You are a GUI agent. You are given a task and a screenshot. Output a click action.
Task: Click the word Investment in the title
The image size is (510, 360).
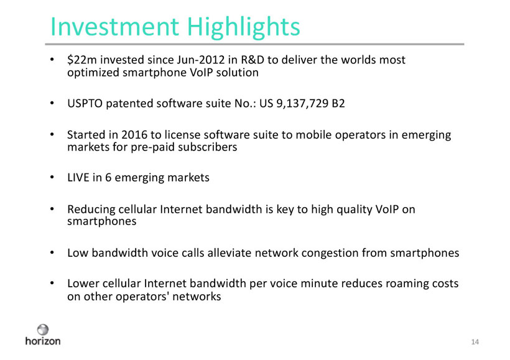coord(114,26)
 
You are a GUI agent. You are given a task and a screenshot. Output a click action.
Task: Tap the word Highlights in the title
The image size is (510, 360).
coord(244,27)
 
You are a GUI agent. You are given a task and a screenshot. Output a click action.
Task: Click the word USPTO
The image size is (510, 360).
coord(85,103)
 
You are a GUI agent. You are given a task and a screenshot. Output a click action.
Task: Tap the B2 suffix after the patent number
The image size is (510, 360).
coord(338,103)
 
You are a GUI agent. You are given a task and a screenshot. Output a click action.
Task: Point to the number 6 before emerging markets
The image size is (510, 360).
coord(108,178)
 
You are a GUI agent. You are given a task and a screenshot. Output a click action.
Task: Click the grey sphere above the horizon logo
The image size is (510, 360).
coord(43,330)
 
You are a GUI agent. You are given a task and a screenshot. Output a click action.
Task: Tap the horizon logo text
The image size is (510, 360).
coord(43,341)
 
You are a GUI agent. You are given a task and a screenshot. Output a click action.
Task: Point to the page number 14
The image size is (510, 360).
coord(475,342)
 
